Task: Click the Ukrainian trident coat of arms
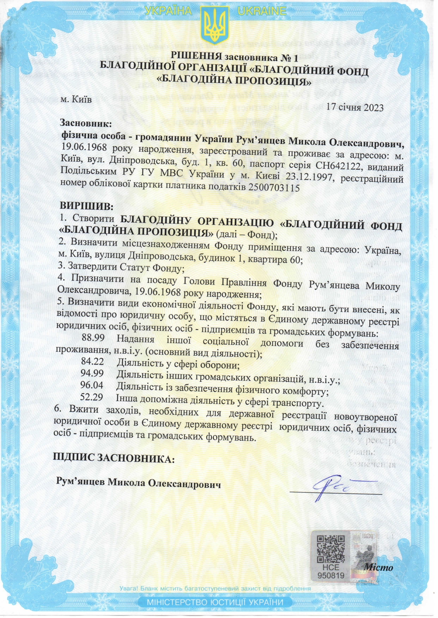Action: [x=215, y=25]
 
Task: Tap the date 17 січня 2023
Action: [x=354, y=107]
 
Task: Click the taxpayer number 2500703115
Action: [x=274, y=187]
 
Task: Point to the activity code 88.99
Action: [x=93, y=337]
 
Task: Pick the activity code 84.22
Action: [x=92, y=361]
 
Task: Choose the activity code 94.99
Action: [x=92, y=373]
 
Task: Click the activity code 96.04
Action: [x=92, y=385]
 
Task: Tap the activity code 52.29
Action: [x=91, y=397]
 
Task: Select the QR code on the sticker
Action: [x=330, y=549]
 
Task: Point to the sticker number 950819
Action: [x=330, y=576]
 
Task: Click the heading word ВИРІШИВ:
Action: [x=86, y=206]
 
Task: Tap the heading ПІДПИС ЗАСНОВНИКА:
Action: [x=114, y=458]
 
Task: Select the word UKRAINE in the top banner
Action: [x=261, y=11]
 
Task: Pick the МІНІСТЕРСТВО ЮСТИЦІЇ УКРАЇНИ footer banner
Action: [x=215, y=602]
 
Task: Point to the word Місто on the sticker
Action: [x=378, y=568]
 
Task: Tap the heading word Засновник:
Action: [x=85, y=123]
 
